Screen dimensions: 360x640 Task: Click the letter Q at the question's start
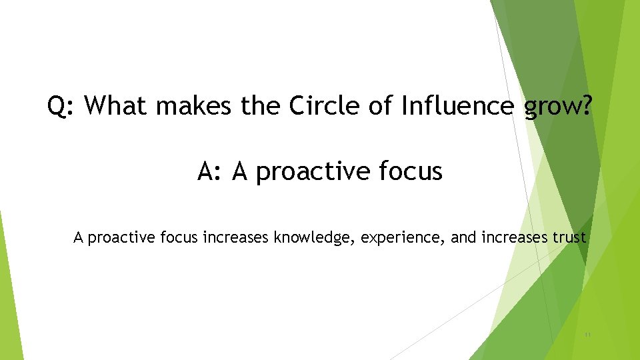coord(57,105)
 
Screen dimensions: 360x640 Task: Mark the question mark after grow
coord(584,105)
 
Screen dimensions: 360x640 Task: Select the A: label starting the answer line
coord(210,172)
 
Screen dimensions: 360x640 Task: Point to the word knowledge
coord(314,237)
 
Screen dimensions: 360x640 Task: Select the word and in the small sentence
coord(463,237)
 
